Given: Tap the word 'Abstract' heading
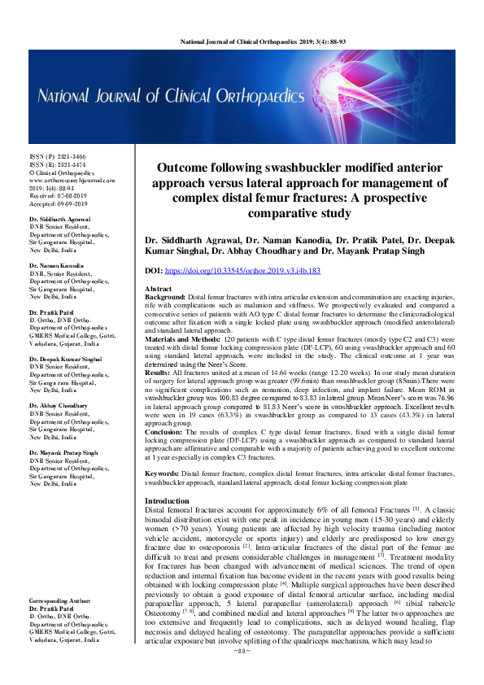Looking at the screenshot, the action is point(158,290).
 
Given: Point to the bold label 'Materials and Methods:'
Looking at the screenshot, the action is point(181,338).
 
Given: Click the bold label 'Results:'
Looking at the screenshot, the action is point(158,371).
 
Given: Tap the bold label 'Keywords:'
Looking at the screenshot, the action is point(162,473).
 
